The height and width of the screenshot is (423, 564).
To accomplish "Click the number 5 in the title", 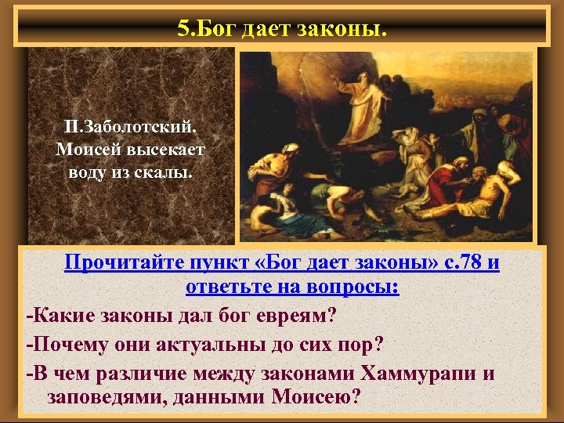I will [183, 29].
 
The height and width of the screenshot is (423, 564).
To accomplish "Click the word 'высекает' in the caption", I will [167, 149].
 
